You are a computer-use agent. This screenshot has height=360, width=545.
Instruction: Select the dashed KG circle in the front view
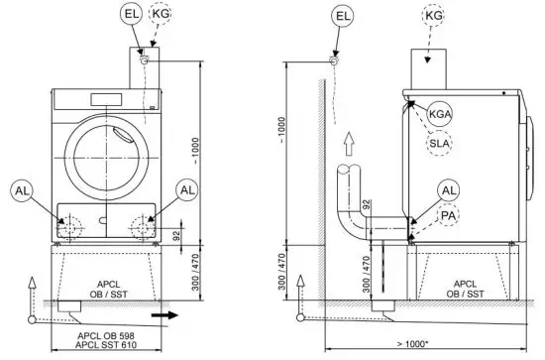[161, 15]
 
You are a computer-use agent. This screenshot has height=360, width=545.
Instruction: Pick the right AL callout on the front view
[183, 189]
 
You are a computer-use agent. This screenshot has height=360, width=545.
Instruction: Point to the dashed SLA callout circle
[439, 144]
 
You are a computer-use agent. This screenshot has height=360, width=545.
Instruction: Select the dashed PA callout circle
[449, 213]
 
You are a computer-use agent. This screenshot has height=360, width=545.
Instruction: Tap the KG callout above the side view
[434, 17]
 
